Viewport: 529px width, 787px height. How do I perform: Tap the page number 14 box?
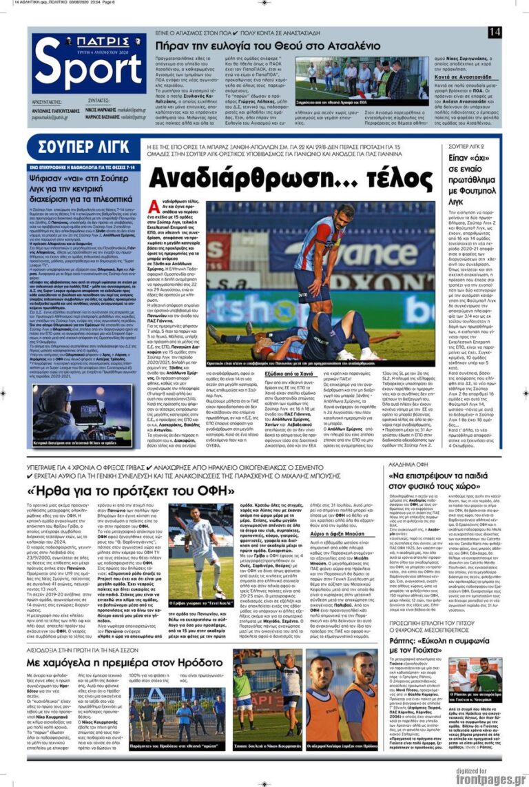[x=494, y=32]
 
